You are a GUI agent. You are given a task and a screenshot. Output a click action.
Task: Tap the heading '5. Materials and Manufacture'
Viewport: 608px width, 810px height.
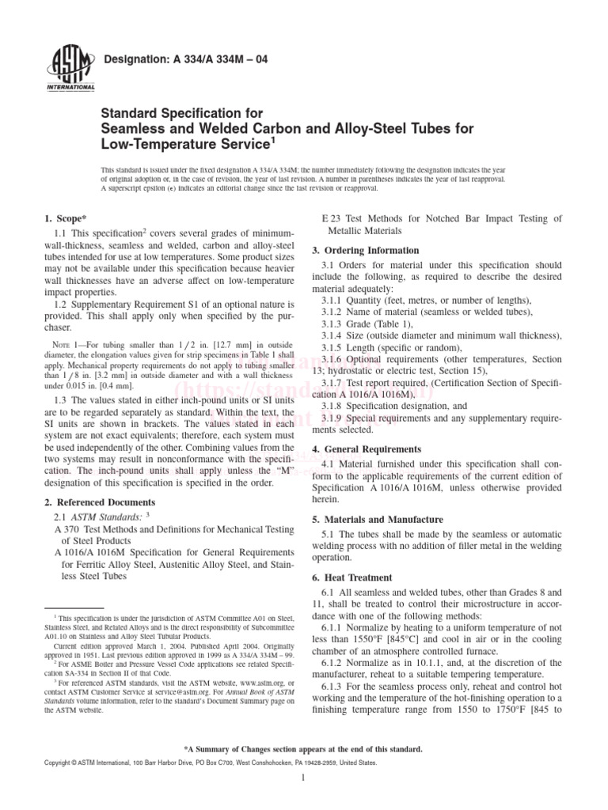click(x=382, y=520)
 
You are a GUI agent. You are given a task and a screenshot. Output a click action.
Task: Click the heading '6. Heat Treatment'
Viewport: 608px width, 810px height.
click(x=355, y=578)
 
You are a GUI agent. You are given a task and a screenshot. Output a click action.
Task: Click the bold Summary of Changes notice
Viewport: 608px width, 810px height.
click(x=303, y=748)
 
